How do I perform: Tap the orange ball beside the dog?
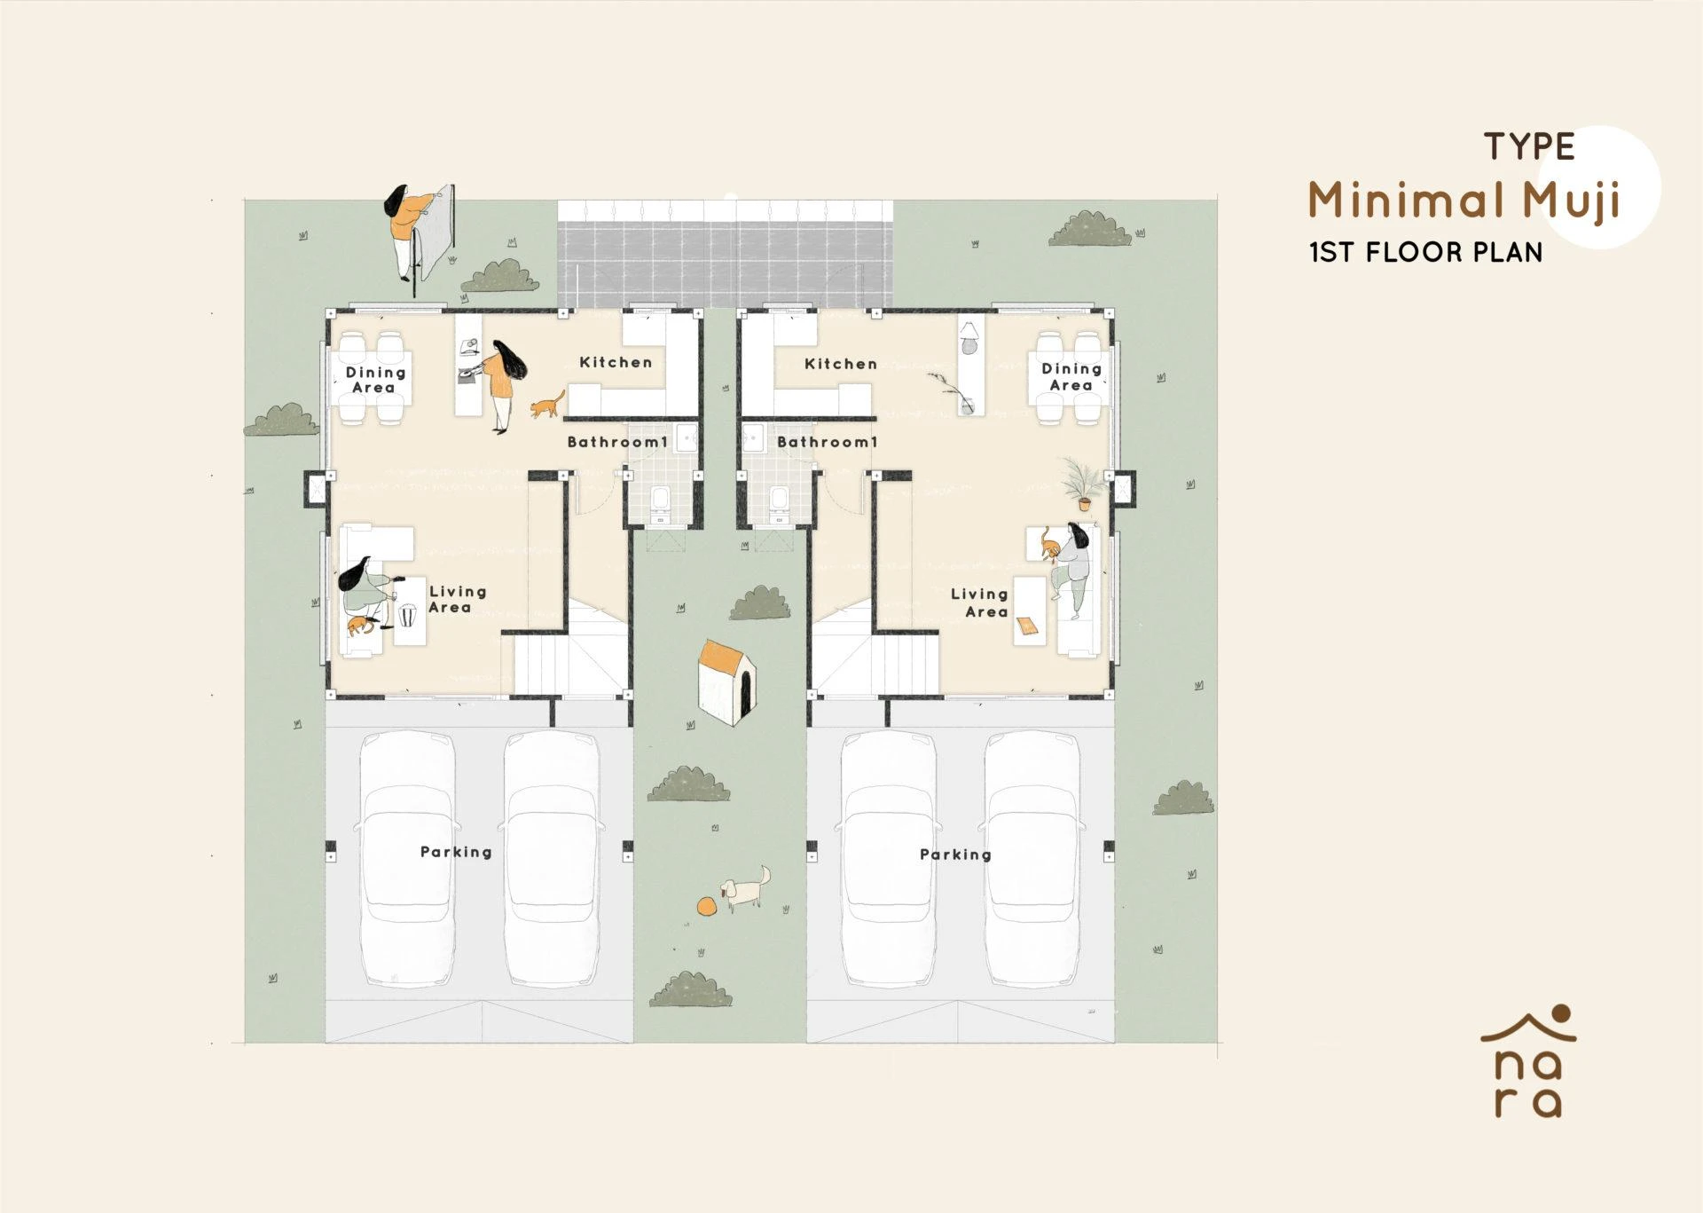tap(707, 906)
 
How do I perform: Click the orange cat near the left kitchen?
tap(547, 406)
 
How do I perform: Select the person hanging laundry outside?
tap(409, 227)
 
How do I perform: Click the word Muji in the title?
tap(1571, 202)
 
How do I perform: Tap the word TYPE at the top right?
tap(1530, 147)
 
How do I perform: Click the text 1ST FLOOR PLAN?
tap(1425, 253)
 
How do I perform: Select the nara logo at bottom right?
tap(1528, 1061)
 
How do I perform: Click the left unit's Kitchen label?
tap(616, 362)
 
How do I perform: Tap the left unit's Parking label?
tap(456, 852)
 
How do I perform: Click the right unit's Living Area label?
tap(981, 603)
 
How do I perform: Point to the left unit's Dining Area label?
tap(374, 380)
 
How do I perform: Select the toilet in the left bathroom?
tap(661, 500)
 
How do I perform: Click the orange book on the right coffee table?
tap(1027, 626)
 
